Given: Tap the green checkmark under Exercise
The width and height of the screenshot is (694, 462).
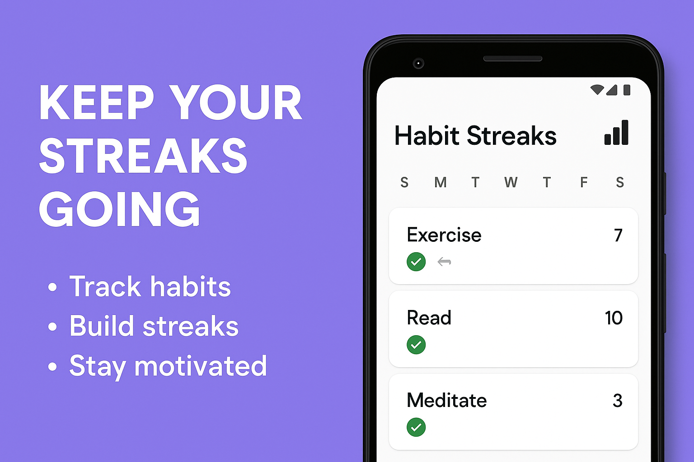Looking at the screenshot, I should pos(416,262).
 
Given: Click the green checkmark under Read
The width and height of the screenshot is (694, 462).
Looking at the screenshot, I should pos(416,345).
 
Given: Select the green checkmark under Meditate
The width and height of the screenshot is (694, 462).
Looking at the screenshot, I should pos(416,427).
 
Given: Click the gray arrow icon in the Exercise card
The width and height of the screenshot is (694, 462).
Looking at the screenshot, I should pos(444,262).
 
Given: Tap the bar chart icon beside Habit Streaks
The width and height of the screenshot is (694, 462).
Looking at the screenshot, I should pos(616,133).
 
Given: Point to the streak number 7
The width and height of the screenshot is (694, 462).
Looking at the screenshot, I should pos(618,235).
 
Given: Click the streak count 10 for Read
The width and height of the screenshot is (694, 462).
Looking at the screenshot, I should pos(614,318).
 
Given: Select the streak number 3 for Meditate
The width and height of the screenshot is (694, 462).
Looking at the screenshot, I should pos(618,401).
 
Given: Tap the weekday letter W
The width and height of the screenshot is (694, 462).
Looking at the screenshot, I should pos(511,182).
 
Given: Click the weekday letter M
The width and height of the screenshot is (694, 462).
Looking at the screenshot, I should pos(441,182).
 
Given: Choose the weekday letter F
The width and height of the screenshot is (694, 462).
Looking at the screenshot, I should pos(584,182).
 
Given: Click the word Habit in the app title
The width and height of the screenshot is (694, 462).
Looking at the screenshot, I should pos(427,136).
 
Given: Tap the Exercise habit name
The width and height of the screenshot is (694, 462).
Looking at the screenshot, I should pos(444,235).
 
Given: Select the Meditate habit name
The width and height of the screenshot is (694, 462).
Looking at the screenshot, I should pos(447,401).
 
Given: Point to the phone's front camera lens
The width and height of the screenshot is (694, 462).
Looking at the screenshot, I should pos(418,63).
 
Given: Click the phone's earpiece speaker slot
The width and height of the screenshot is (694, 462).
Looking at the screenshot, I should pos(513,59).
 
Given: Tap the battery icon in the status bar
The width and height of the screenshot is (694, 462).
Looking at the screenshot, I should pos(627,90).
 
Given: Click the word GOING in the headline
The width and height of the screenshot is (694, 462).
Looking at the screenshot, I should pos(120,209).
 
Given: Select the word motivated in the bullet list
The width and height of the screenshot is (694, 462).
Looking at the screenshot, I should pos(201,366).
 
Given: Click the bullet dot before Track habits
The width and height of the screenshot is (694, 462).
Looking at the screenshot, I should pos(52,287).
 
